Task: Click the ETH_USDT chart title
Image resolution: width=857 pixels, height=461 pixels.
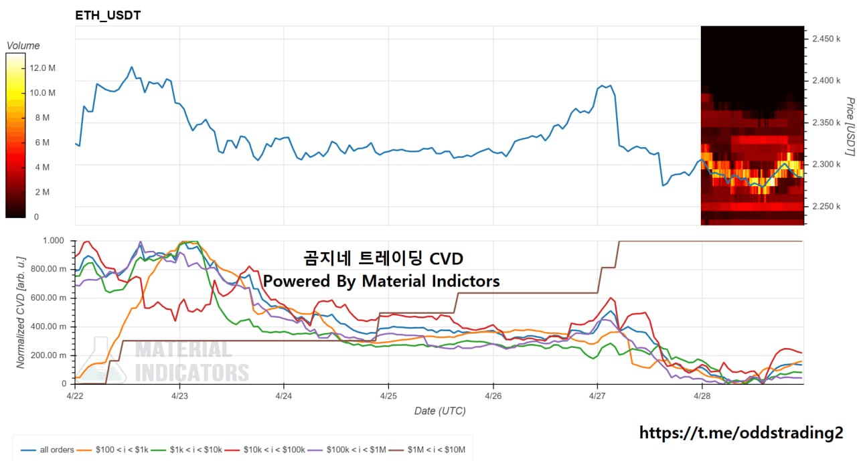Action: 108,15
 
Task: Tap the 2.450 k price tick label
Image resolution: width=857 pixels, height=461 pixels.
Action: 826,39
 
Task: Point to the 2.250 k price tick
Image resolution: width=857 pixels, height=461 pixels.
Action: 826,206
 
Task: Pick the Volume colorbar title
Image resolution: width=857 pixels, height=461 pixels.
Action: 23,45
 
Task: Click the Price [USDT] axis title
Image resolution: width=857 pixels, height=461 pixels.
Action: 849,126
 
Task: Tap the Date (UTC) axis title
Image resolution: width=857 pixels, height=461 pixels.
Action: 439,411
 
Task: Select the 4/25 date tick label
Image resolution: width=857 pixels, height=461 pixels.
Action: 388,396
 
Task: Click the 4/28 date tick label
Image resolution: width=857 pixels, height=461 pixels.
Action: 702,396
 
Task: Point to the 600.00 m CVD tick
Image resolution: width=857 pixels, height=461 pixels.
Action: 50,298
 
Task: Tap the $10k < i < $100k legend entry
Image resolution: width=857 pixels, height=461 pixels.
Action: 277,450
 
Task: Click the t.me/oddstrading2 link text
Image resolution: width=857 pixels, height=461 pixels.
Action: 741,433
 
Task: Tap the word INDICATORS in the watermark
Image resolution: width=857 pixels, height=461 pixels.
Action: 192,372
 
